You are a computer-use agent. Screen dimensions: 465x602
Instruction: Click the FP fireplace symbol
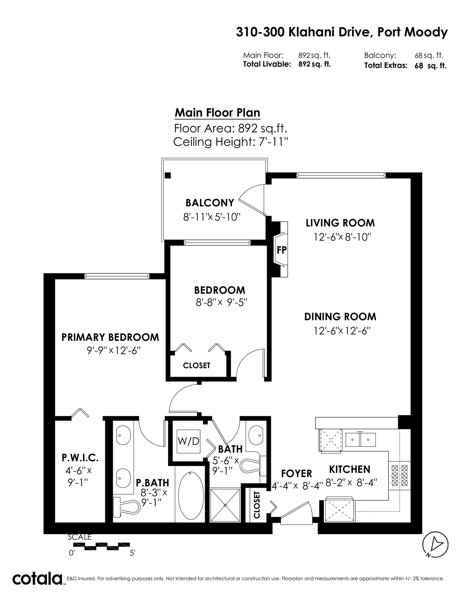[x=281, y=250]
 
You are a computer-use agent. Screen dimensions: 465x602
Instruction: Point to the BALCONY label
[x=210, y=203]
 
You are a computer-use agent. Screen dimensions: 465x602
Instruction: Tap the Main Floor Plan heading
[x=217, y=113]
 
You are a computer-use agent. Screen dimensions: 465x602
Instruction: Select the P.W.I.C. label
[x=80, y=458]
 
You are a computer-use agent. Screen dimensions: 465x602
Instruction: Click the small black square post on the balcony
[x=168, y=175]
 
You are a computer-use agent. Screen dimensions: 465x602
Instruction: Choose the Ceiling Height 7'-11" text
[x=231, y=142]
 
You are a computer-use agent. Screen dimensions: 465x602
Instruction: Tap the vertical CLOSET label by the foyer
[x=257, y=505]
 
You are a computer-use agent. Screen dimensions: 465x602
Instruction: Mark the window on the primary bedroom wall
[x=117, y=276]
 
